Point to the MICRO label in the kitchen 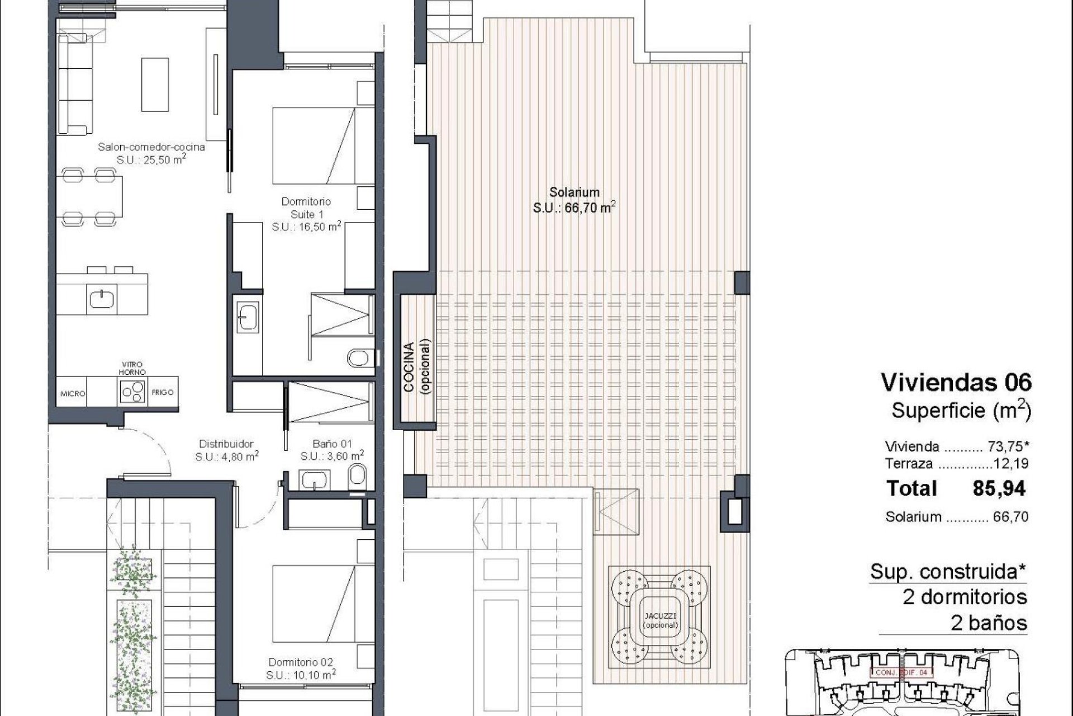pos(73,394)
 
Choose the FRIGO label pos(163,393)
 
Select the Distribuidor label pos(226,444)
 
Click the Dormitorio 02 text pos(301,662)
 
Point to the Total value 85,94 pos(999,488)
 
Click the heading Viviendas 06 pos(956,383)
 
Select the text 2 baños pos(989,623)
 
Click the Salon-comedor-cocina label pos(151,147)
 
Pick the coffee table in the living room pos(155,84)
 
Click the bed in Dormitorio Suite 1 pos(314,145)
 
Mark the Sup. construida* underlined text pos(948,572)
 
